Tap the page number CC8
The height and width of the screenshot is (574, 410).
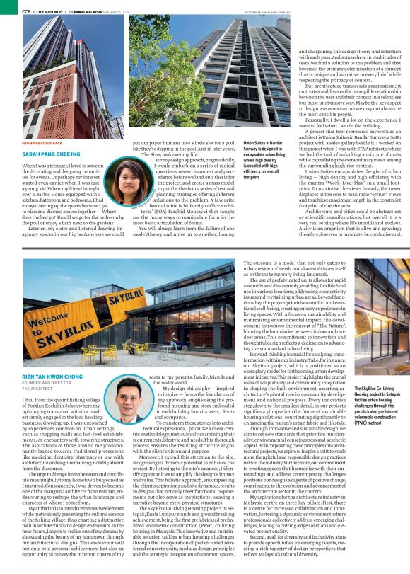tap(26, 11)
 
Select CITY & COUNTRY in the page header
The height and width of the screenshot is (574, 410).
tap(55, 11)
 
